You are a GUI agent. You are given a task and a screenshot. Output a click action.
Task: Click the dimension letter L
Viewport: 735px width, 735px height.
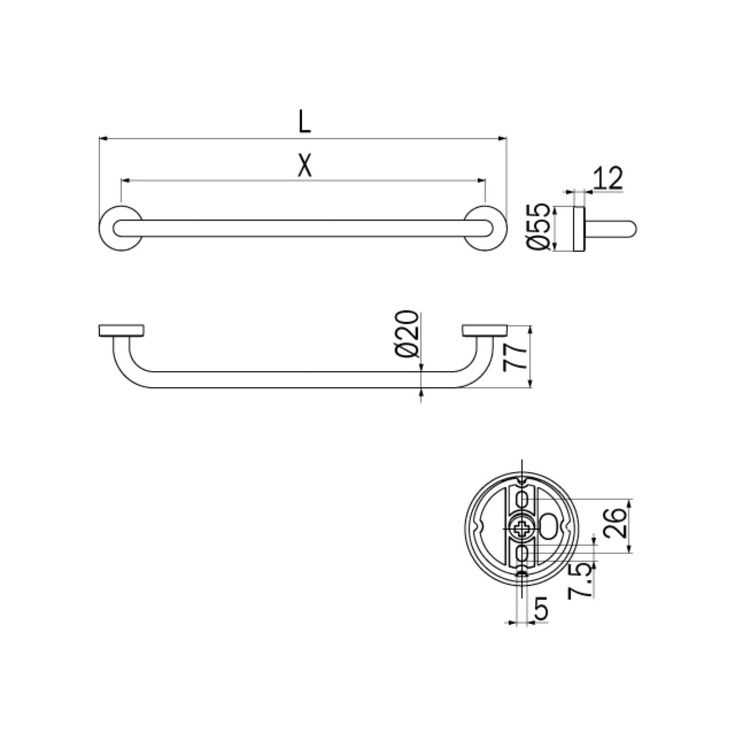304,122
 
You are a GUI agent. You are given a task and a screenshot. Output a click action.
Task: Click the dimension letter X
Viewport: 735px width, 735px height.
304,166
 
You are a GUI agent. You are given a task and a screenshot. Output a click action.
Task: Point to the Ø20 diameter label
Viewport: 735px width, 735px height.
407,334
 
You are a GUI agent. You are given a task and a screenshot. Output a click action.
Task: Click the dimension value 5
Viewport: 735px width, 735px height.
542,609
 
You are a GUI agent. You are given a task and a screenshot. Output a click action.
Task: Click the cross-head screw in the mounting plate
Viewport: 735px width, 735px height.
522,529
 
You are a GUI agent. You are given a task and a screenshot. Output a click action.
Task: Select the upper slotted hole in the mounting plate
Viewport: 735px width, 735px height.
522,498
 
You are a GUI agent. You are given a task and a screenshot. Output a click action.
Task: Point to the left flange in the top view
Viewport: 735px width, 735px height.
121,330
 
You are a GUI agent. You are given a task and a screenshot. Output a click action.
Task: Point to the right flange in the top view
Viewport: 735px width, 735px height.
485,330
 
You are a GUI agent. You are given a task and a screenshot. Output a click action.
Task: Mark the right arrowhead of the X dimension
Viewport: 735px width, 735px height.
482,181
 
